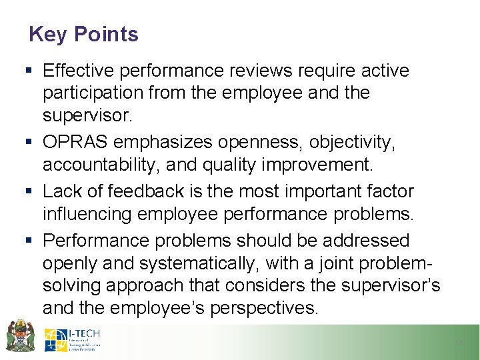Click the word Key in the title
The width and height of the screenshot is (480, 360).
pyautogui.click(x=49, y=34)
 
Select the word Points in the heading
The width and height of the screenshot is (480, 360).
pyautogui.click(x=106, y=34)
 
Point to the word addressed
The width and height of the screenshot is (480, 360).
pyautogui.click(x=364, y=240)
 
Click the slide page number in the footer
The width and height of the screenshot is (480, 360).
pyautogui.click(x=458, y=342)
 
